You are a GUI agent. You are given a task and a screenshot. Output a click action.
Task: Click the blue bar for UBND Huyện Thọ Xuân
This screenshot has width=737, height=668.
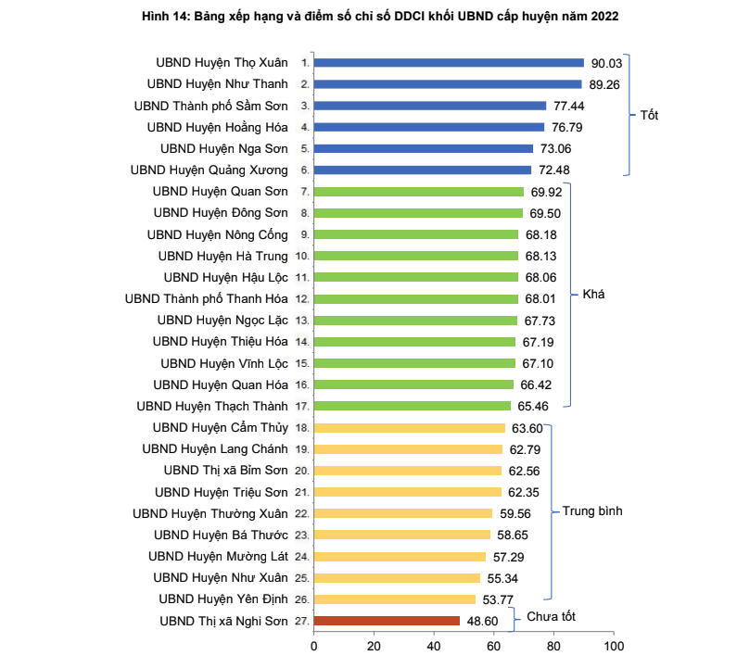pyautogui.click(x=449, y=63)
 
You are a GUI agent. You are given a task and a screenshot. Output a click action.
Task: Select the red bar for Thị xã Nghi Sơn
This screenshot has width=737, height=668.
pyautogui.click(x=387, y=621)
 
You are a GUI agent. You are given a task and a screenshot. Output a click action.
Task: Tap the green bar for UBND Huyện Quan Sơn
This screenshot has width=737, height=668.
pyautogui.click(x=419, y=192)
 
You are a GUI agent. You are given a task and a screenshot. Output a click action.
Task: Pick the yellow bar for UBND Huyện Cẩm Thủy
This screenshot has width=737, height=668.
pyautogui.click(x=409, y=428)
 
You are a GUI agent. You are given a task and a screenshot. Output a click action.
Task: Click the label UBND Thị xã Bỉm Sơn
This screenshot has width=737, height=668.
pyautogui.click(x=225, y=470)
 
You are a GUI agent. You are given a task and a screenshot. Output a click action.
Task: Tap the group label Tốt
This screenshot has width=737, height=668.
pyautogui.click(x=649, y=116)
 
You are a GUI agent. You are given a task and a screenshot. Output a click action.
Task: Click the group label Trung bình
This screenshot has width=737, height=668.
pyautogui.click(x=592, y=511)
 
